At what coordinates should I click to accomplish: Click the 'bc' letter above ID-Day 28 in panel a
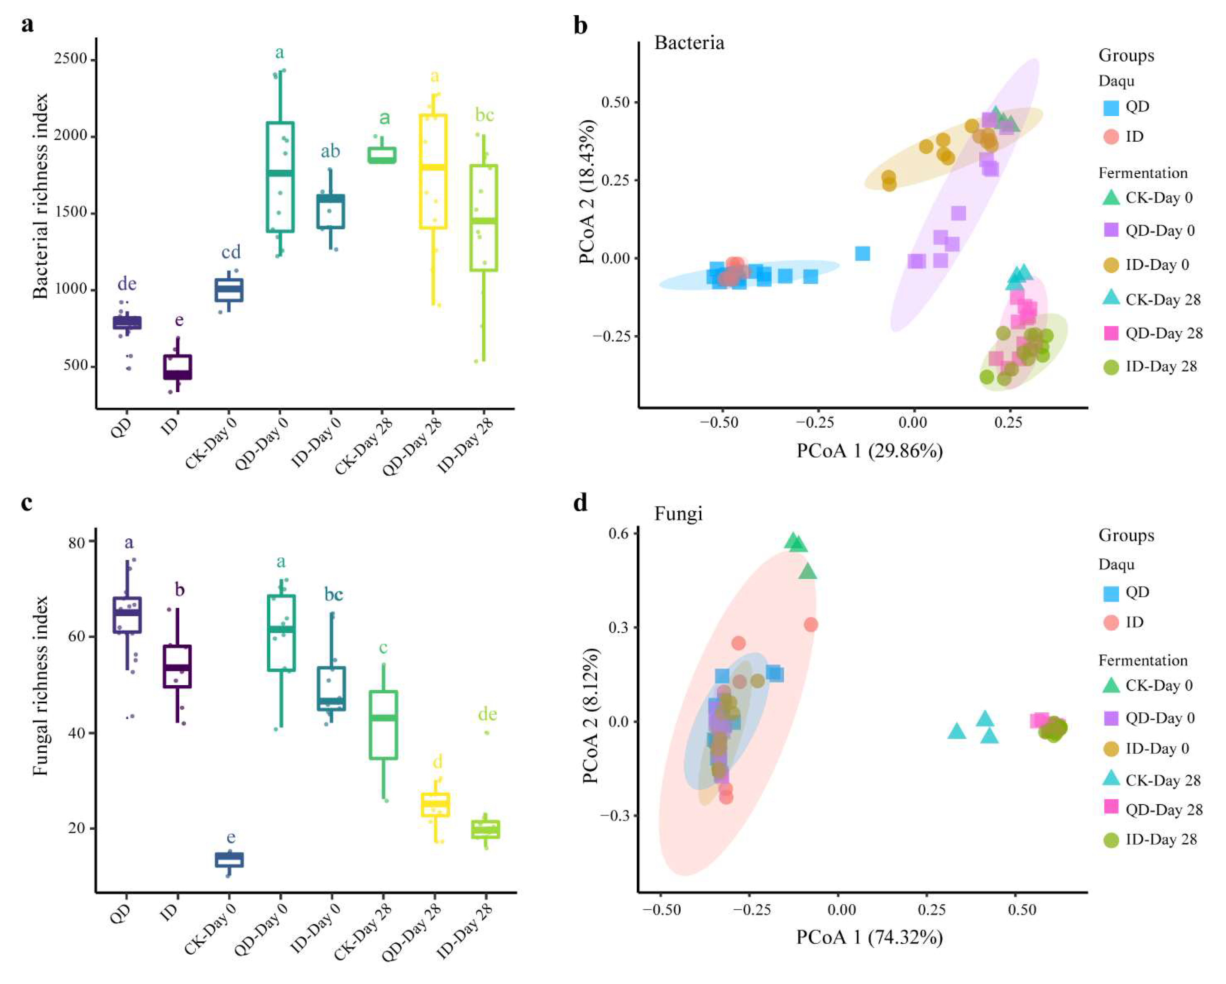coord(484,115)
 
